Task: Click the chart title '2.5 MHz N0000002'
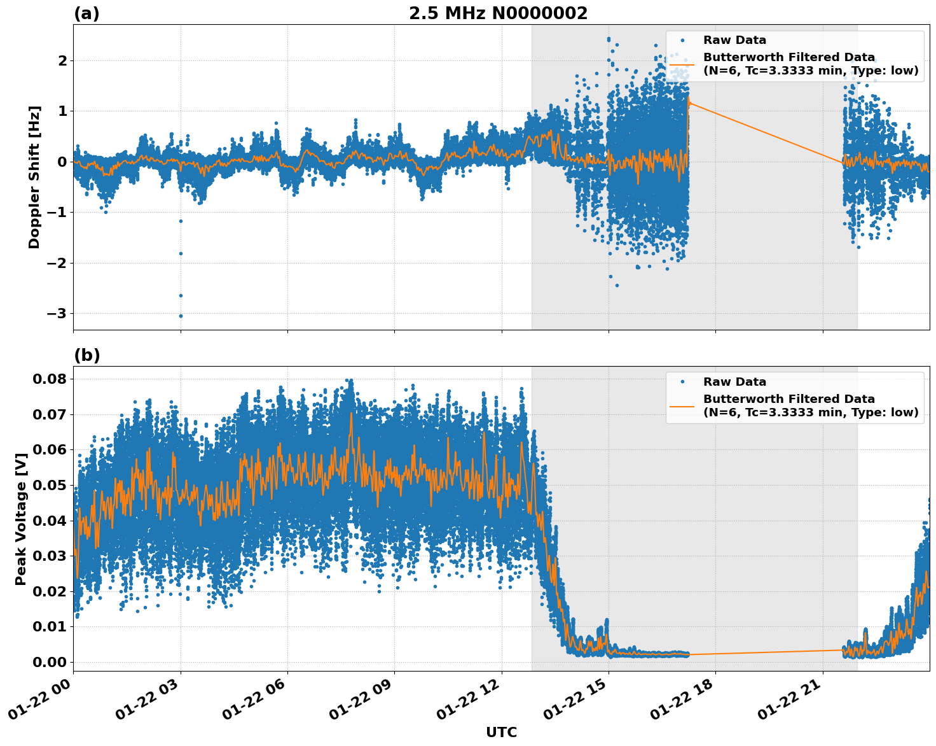click(x=498, y=13)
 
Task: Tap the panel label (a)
click(x=86, y=13)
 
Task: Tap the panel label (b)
click(x=86, y=355)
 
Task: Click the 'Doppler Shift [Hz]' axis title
click(x=34, y=177)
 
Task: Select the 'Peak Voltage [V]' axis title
click(x=21, y=519)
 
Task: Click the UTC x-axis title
click(x=501, y=732)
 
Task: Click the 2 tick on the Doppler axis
click(x=62, y=60)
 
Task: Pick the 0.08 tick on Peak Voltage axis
click(x=49, y=379)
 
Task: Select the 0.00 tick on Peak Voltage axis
click(x=49, y=662)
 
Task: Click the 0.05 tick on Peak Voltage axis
click(x=49, y=485)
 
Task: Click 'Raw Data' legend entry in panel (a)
click(x=734, y=40)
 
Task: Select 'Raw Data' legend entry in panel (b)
click(x=734, y=382)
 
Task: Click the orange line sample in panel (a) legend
click(x=682, y=64)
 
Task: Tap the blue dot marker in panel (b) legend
click(x=682, y=382)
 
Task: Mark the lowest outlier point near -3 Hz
click(x=181, y=316)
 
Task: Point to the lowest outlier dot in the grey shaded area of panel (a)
click(x=616, y=285)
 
